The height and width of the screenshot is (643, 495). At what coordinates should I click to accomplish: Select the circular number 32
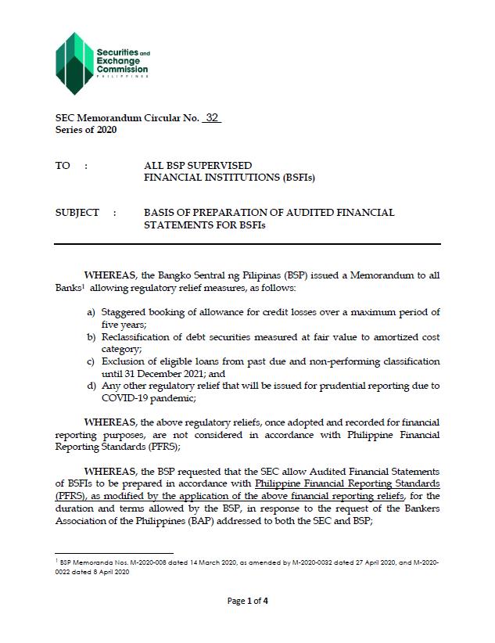point(211,118)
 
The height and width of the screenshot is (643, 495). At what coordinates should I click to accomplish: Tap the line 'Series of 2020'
point(86,130)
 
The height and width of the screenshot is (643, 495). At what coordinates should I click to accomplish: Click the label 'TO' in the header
point(63,166)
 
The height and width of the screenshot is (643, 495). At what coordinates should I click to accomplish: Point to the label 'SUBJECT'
point(77,213)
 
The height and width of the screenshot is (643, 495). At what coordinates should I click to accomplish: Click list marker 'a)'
point(91,313)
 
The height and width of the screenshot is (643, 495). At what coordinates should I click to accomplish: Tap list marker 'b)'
point(91,337)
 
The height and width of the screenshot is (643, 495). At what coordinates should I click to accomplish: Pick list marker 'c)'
point(91,362)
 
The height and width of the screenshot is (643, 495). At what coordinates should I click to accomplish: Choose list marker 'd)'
point(91,386)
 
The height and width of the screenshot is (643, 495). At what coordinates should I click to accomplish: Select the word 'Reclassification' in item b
point(138,337)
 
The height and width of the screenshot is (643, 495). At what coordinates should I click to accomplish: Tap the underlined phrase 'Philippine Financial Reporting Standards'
point(348,484)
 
